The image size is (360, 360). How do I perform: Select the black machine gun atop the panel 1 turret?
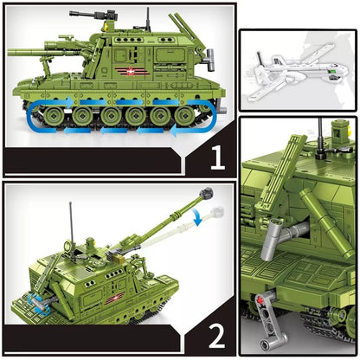89,16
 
